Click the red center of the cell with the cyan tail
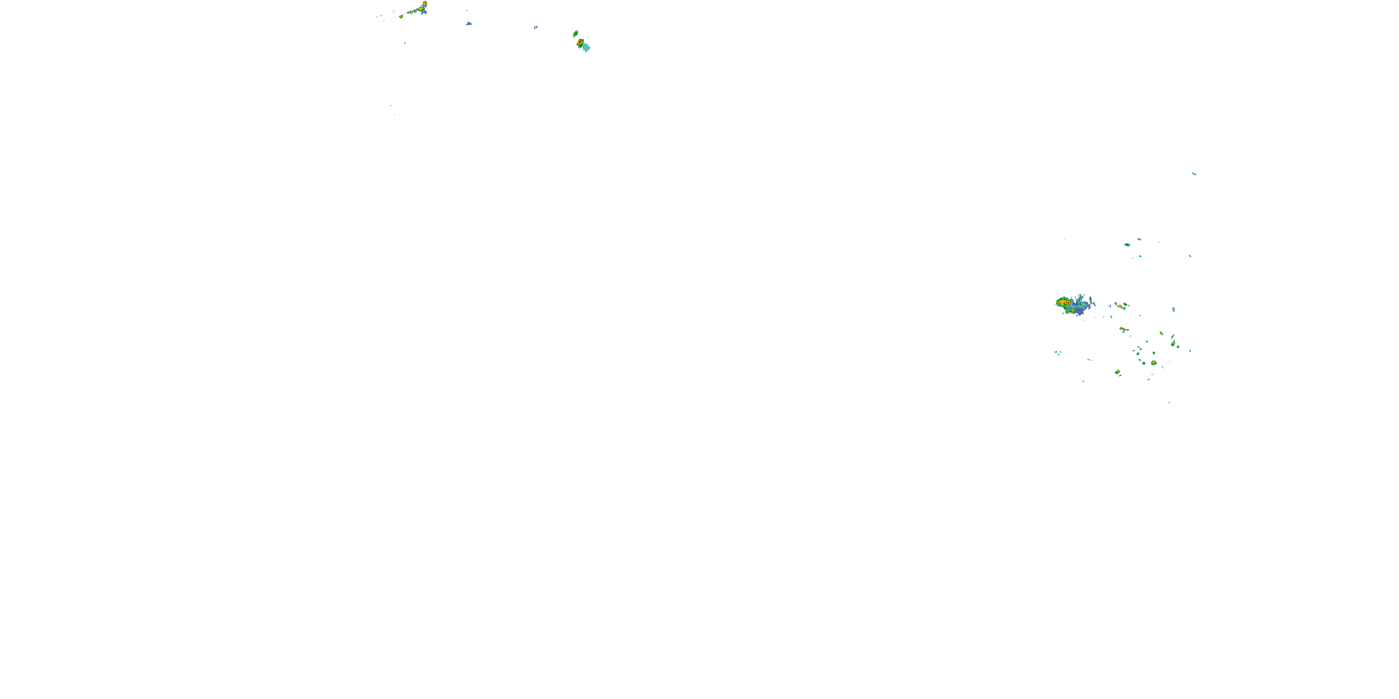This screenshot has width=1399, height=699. (x=580, y=42)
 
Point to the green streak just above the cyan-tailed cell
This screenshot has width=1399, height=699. (x=575, y=34)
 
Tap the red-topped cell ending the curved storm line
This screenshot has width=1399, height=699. (x=425, y=3)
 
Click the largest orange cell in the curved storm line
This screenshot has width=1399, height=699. (x=420, y=9)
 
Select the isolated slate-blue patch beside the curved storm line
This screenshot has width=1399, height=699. (x=469, y=23)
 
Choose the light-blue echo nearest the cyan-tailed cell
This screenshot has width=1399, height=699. (x=535, y=27)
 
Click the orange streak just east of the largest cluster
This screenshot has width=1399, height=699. (x=1120, y=306)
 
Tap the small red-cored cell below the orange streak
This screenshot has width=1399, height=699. (x=1122, y=329)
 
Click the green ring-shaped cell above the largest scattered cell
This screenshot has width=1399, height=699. (x=1154, y=353)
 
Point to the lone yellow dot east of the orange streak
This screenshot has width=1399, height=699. (x=1173, y=309)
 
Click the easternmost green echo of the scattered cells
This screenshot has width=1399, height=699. (x=1190, y=350)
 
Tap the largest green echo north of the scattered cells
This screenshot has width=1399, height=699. (x=1127, y=245)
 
